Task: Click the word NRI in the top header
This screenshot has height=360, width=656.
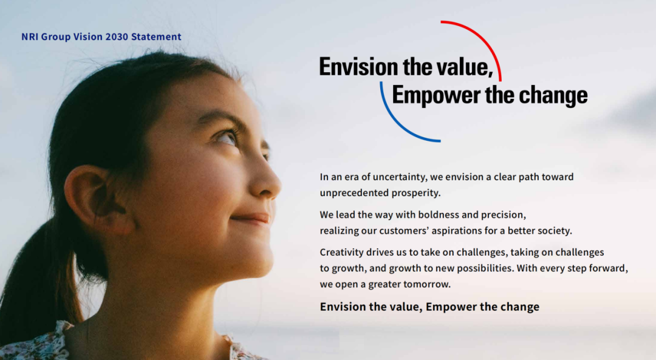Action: tap(30, 37)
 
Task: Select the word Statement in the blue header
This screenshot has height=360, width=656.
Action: tap(156, 37)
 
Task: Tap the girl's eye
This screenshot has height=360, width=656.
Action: tap(228, 138)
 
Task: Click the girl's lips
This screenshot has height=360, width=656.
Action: tap(251, 219)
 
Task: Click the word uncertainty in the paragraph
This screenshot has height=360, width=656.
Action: tap(400, 177)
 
